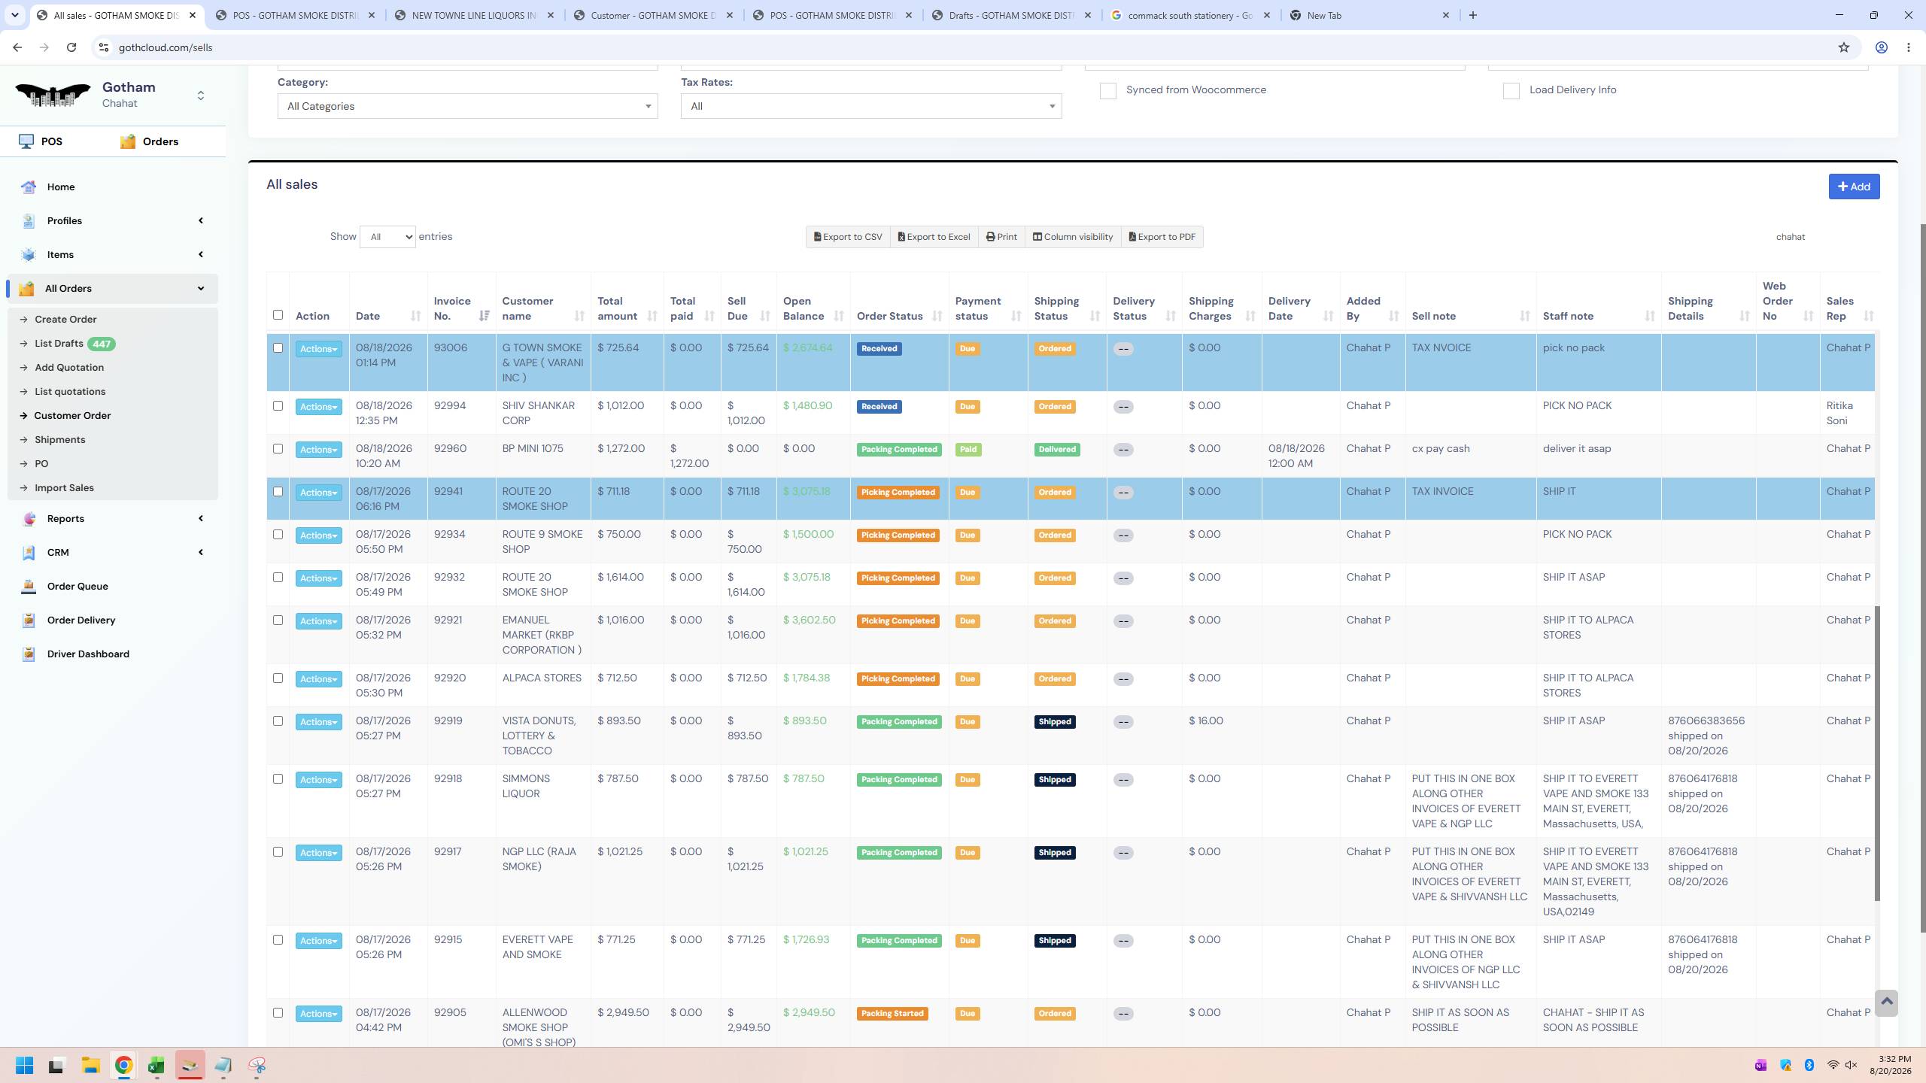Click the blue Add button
(1854, 187)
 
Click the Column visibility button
(1072, 237)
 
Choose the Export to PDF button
(1162, 237)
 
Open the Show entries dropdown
(387, 237)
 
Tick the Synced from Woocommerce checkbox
(1107, 90)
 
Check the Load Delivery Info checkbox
(1511, 90)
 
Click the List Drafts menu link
(59, 344)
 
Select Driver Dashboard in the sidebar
(88, 654)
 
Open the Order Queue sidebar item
(77, 586)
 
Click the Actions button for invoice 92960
(318, 450)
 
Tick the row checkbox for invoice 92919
(278, 721)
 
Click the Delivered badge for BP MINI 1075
(1057, 450)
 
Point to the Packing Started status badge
(892, 1014)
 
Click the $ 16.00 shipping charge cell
(1206, 720)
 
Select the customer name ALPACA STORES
(542, 678)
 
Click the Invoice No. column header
(452, 308)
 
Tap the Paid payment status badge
(968, 450)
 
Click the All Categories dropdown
(467, 106)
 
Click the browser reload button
(71, 47)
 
